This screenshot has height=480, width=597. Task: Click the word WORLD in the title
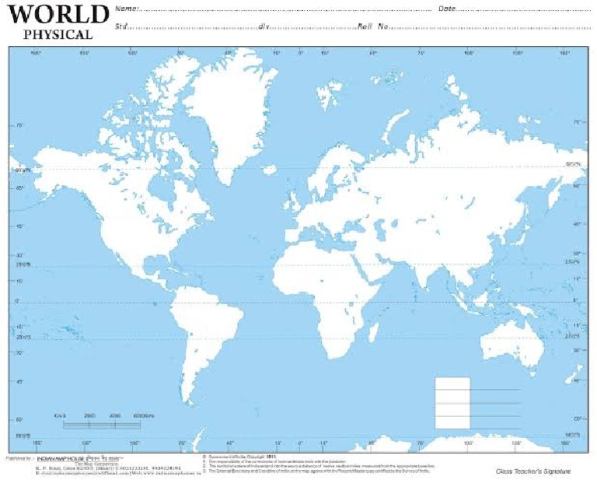click(58, 15)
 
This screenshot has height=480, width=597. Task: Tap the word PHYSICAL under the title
click(58, 34)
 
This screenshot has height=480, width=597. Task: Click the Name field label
click(124, 9)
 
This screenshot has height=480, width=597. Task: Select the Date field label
click(447, 9)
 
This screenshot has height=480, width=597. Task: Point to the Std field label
click(121, 26)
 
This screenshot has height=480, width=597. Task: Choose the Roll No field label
click(373, 26)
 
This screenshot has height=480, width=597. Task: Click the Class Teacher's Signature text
click(532, 471)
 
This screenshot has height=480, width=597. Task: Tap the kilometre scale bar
click(101, 425)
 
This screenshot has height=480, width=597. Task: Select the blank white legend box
click(452, 402)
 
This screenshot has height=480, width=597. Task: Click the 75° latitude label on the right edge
click(576, 123)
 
